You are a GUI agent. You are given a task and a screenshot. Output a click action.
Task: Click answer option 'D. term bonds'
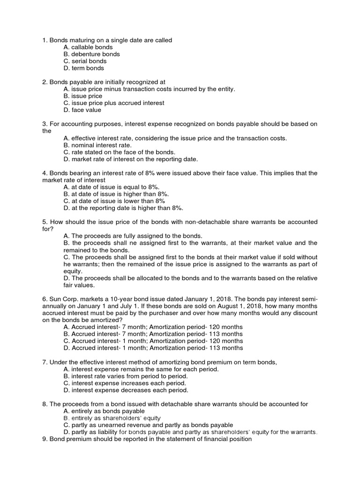point(83,68)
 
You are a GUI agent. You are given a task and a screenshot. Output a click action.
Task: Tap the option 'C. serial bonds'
point(84,61)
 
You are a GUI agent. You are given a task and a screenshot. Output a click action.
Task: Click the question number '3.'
point(45,124)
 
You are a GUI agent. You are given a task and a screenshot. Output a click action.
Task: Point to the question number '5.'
point(45,222)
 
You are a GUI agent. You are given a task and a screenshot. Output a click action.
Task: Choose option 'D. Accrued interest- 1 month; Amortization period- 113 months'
point(153,348)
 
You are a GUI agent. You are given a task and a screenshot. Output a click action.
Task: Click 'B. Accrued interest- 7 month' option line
point(153,334)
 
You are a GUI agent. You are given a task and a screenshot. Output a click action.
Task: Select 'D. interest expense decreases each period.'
point(125,390)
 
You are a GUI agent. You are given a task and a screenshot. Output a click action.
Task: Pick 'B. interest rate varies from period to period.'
point(125,376)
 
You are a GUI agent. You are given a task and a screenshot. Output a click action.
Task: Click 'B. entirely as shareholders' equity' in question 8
point(112,418)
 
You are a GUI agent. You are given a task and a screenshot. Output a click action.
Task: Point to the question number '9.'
point(45,439)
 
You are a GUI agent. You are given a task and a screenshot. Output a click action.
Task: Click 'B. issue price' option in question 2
point(82,96)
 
